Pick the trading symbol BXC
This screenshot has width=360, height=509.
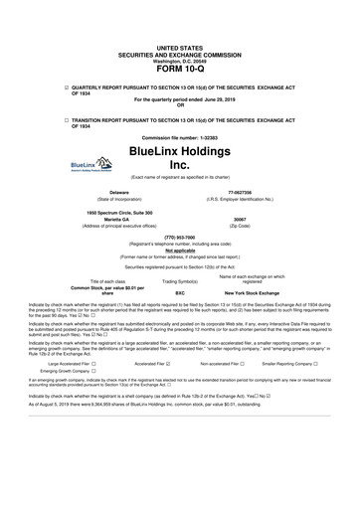point(180,294)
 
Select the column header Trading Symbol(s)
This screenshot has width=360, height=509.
point(180,282)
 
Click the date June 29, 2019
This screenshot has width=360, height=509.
point(220,100)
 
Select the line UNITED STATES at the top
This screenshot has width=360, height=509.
point(179,48)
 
